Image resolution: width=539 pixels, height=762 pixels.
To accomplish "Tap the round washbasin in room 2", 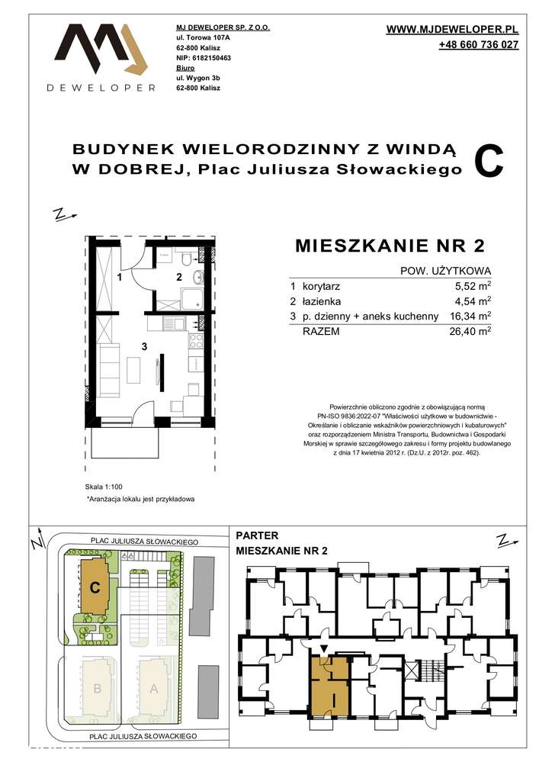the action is click(197, 277).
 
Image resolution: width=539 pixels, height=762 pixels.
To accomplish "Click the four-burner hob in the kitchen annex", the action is click(195, 341).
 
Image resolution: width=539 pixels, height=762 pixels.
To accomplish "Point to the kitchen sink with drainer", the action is click(173, 323).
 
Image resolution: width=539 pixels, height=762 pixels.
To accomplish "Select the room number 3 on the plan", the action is click(144, 346).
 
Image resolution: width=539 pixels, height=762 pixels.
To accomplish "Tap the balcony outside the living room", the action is click(125, 443).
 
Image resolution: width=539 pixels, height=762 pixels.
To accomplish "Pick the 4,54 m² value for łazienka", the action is click(470, 301).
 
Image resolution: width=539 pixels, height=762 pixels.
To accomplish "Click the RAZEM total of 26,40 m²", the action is click(470, 332).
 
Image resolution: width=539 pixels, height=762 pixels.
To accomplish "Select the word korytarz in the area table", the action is click(321, 286).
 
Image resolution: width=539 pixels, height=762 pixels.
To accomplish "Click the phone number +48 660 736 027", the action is click(479, 45).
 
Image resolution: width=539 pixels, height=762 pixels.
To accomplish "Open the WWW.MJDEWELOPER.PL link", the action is click(453, 29).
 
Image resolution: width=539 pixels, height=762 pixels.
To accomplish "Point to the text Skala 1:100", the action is click(104, 487).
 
